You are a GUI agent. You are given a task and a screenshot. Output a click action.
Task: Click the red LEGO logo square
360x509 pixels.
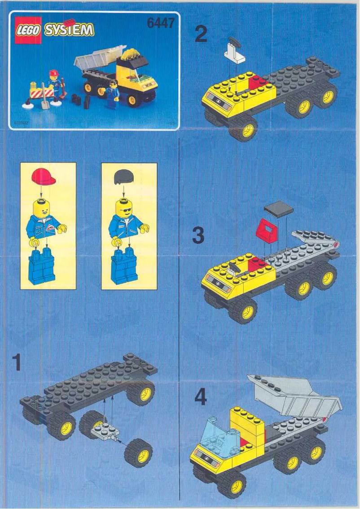tap(28, 30)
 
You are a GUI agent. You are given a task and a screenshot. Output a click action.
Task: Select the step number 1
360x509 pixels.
tap(17, 363)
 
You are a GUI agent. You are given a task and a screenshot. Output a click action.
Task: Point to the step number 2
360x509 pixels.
tap(201, 34)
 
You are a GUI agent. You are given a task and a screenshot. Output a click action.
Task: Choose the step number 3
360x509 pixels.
tap(198, 235)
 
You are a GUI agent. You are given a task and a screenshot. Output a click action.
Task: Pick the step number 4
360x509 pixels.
tap(201, 397)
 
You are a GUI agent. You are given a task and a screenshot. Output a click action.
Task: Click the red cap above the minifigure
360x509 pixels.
tap(44, 177)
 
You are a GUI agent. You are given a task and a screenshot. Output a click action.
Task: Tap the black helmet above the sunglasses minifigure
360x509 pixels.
tap(123, 177)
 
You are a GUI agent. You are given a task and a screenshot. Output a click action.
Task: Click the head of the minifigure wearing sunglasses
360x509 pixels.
tap(124, 208)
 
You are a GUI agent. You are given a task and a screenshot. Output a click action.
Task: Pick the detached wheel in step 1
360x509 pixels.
tap(139, 452)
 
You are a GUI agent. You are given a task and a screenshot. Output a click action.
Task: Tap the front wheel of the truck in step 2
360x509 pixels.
tap(243, 129)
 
